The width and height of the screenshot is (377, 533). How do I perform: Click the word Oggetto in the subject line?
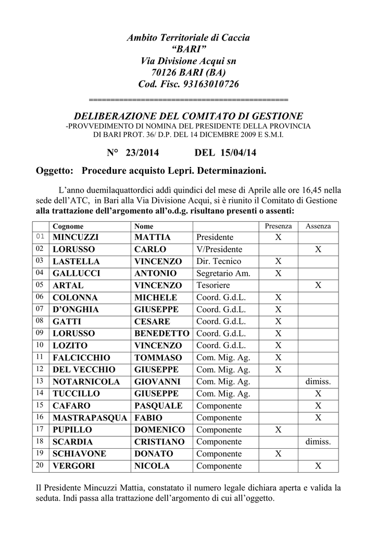click(x=53, y=171)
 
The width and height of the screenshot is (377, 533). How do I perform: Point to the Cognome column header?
click(x=68, y=226)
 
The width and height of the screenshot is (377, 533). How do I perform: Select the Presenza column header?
click(x=278, y=226)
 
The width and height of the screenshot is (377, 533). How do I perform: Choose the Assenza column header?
click(x=318, y=226)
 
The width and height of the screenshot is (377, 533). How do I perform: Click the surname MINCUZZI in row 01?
click(x=76, y=237)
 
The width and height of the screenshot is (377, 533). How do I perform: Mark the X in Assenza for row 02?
click(x=318, y=249)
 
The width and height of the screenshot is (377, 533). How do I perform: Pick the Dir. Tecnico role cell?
click(x=219, y=261)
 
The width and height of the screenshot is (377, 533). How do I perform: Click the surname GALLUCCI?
click(x=77, y=273)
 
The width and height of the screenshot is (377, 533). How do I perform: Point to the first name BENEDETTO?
click(x=162, y=334)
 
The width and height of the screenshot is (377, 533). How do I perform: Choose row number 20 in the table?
click(x=40, y=465)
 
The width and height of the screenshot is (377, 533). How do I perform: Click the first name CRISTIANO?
click(x=159, y=441)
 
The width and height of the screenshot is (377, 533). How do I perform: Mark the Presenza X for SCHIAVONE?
click(x=278, y=453)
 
